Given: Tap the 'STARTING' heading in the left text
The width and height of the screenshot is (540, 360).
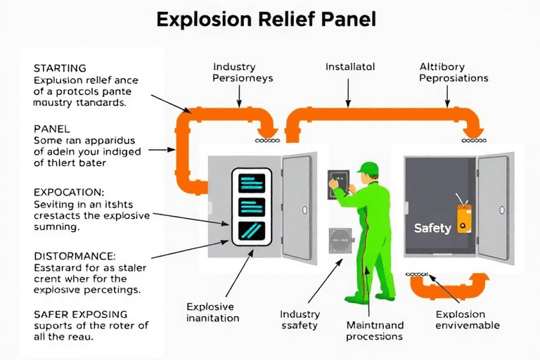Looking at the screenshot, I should [x=60, y=68].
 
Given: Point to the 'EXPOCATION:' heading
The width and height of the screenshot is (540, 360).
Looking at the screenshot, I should [x=69, y=191].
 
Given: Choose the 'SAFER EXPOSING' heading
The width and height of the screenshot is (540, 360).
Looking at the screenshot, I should [x=81, y=314].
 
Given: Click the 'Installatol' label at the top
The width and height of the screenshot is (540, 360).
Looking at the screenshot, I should [x=350, y=67].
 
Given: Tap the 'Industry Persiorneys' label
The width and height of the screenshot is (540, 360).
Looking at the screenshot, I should [x=243, y=72].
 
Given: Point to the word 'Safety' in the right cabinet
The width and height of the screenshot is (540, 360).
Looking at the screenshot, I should [x=432, y=228].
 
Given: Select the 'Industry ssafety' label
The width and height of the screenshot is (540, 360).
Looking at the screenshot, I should [x=300, y=319].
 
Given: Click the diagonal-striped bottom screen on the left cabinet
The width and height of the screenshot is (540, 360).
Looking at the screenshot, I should [x=252, y=231].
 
